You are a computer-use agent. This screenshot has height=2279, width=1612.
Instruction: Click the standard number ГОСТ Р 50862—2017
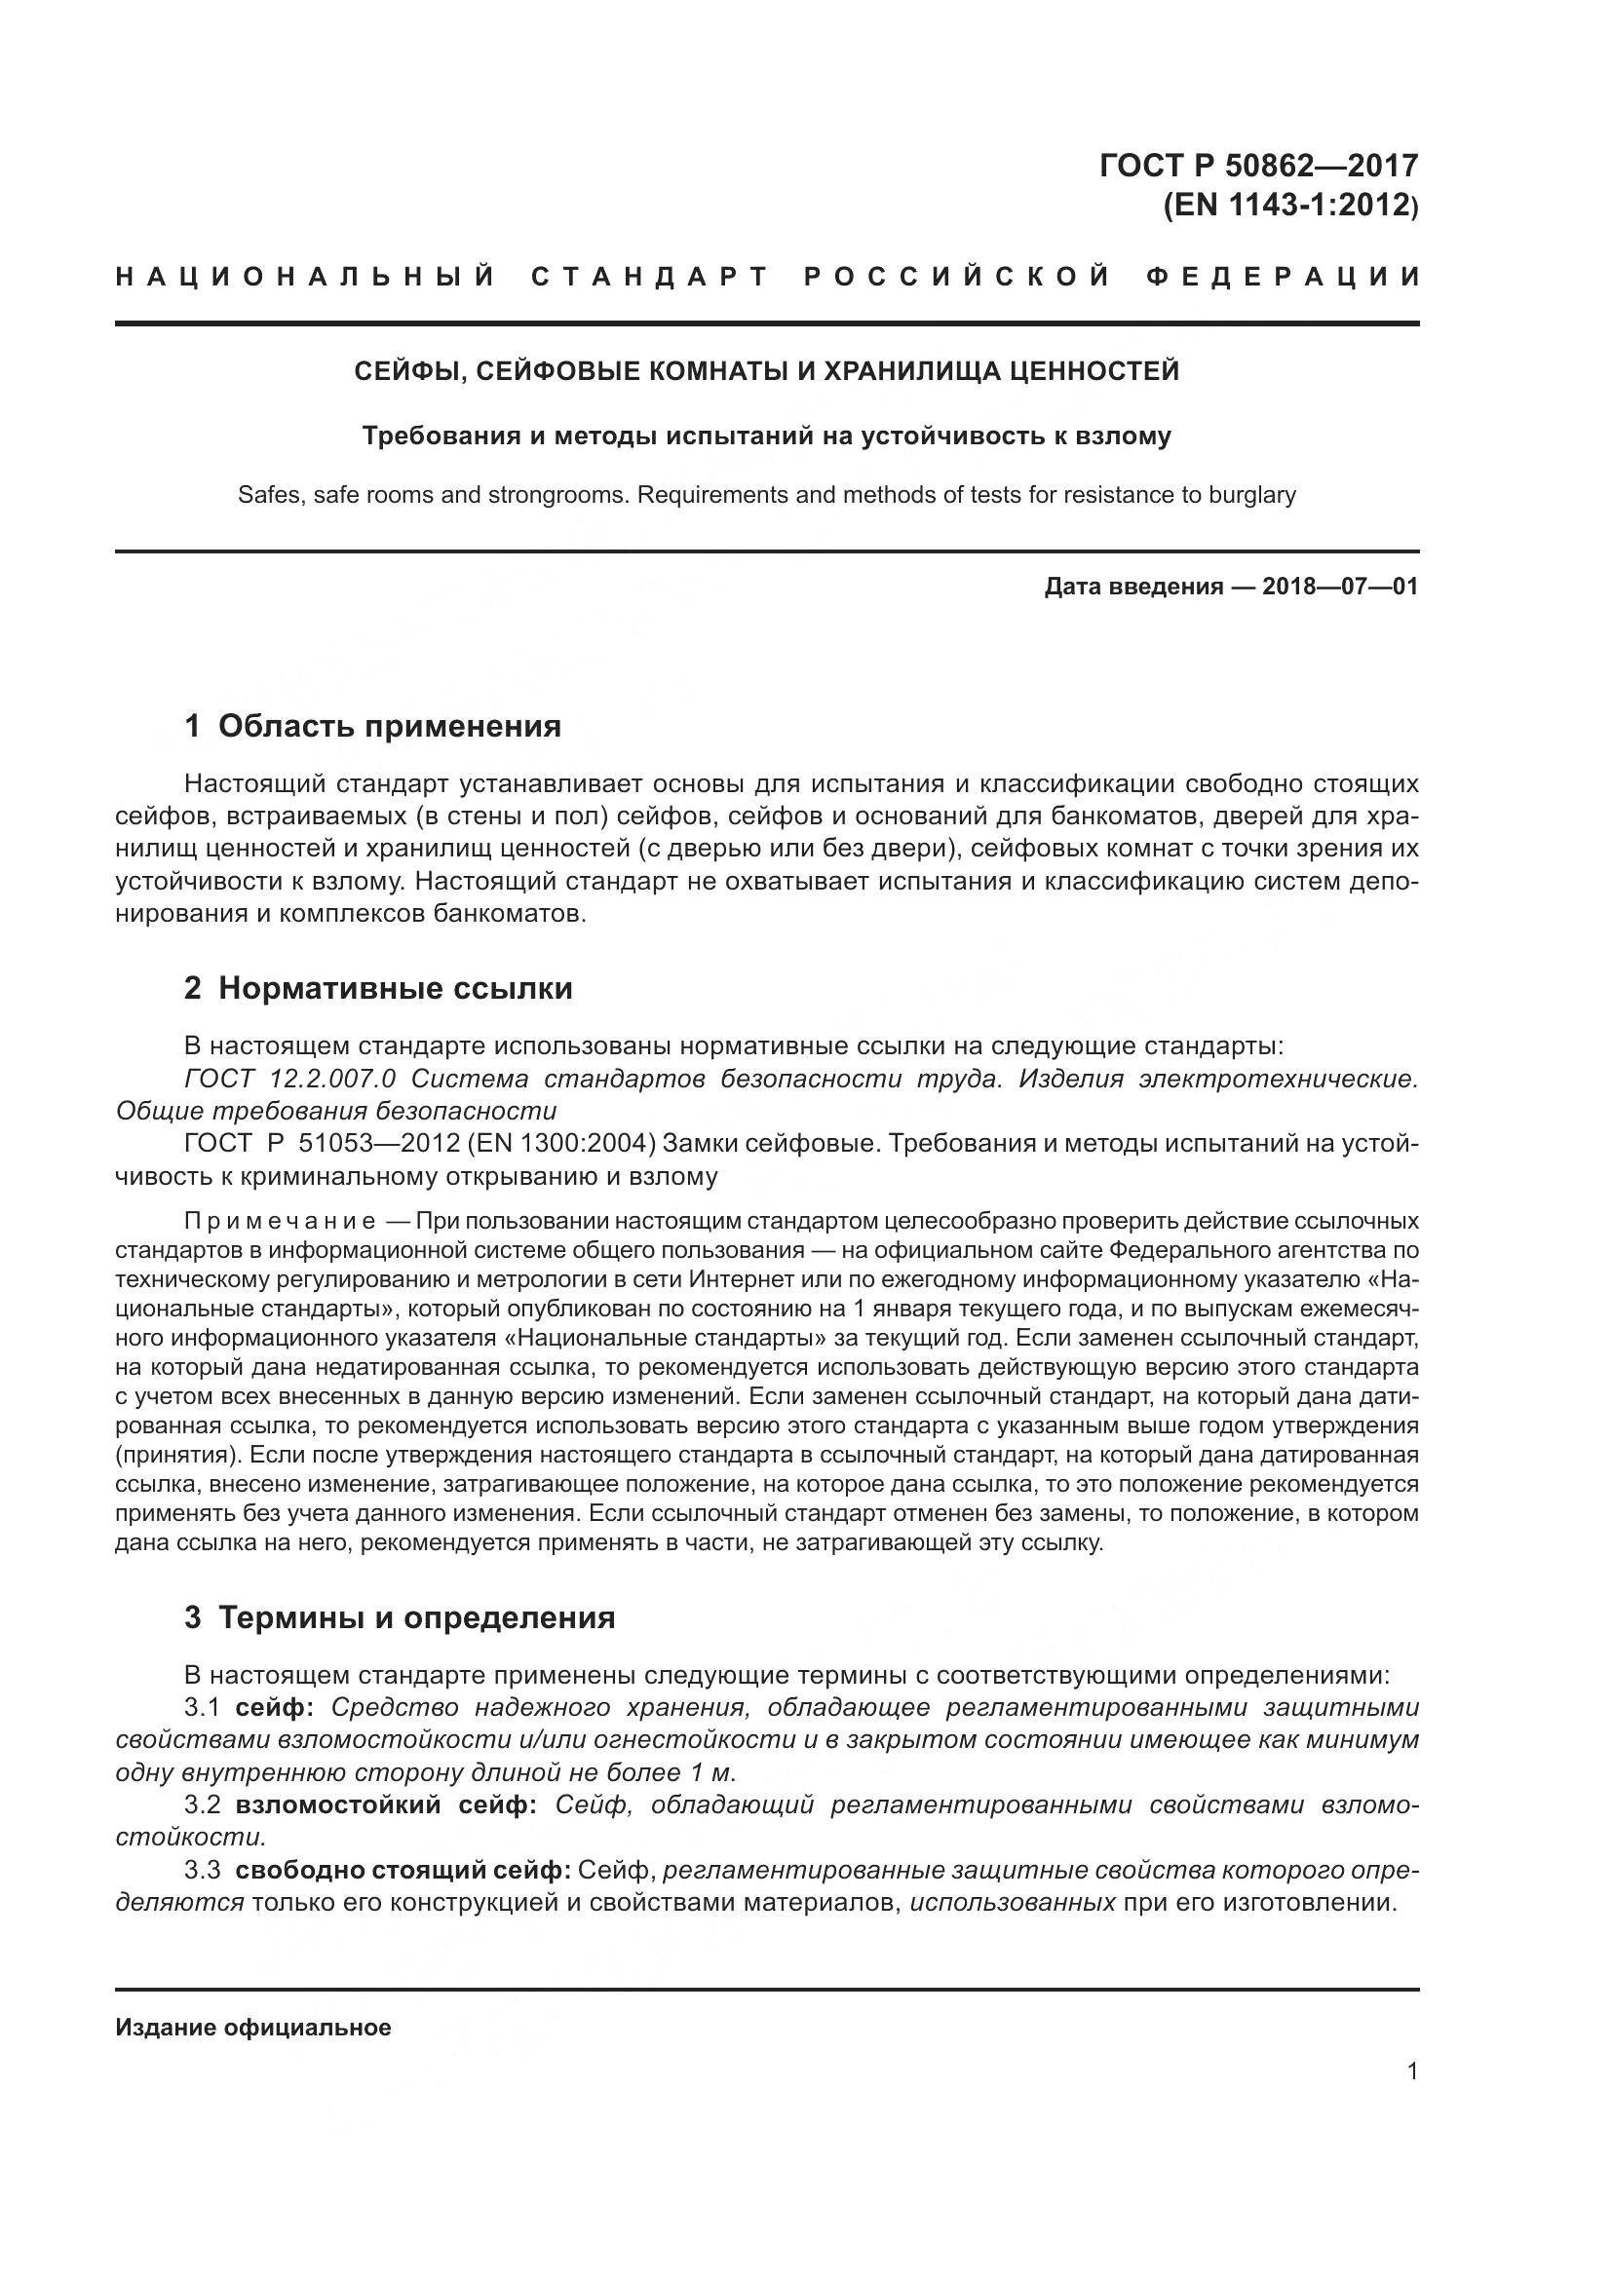click(1257, 165)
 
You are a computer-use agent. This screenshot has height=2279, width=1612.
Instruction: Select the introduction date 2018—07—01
click(1340, 587)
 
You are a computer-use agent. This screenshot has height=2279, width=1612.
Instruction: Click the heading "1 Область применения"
click(372, 727)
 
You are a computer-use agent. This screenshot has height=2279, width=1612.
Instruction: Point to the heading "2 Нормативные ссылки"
click(378, 989)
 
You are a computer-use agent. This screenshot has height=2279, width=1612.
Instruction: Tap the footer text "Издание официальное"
click(253, 2028)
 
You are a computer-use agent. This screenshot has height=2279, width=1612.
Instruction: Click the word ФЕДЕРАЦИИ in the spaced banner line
click(1285, 277)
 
